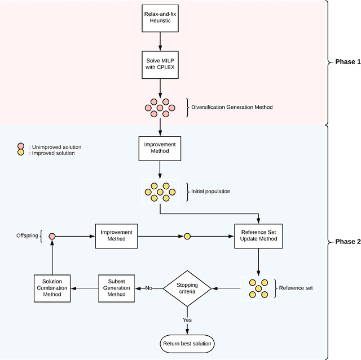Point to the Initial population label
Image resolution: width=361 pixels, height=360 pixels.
211,192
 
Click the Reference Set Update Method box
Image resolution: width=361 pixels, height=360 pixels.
259,236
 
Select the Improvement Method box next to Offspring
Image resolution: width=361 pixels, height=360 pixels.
116,235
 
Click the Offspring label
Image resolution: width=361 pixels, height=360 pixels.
27,235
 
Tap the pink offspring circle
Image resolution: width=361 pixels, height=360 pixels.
52,236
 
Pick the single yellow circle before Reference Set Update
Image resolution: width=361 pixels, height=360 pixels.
187,236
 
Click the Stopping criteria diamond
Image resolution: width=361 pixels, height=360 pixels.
187,288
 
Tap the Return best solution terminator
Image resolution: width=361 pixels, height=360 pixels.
187,343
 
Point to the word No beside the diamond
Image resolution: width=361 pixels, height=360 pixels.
149,288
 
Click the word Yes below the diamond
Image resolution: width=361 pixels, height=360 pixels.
187,319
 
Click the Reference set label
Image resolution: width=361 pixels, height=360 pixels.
296,288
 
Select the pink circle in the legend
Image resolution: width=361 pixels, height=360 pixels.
20,146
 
